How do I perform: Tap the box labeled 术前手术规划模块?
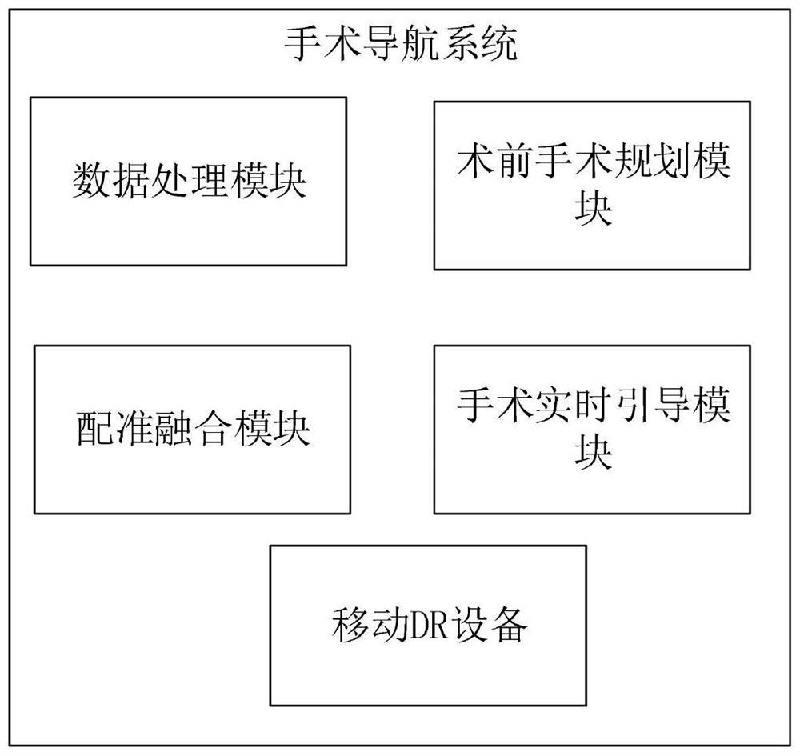[x=592, y=185]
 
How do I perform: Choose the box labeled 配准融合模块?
[x=192, y=429]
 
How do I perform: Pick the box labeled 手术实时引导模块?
[x=592, y=430]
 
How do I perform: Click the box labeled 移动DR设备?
[x=428, y=625]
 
